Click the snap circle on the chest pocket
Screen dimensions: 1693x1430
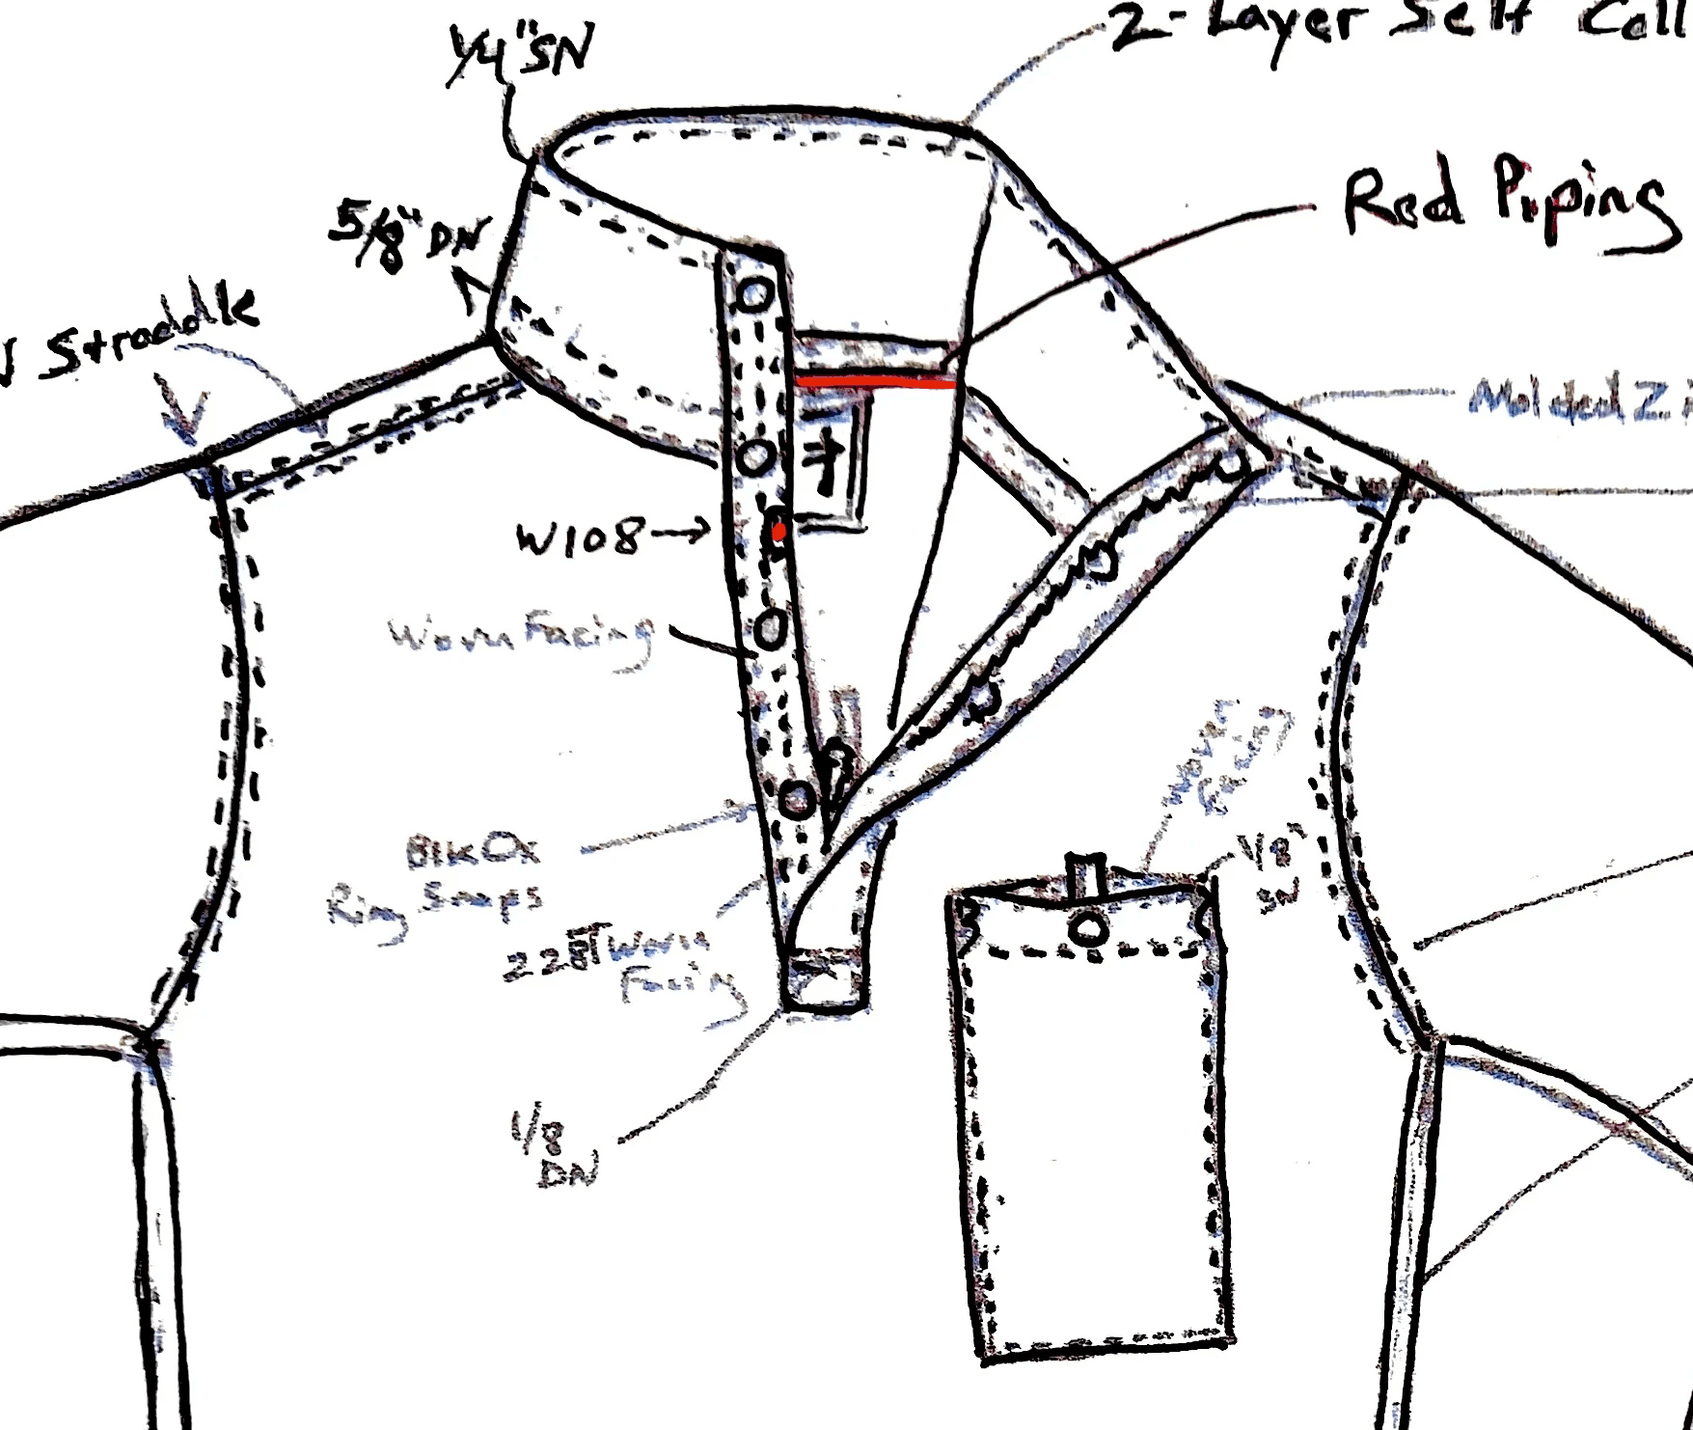(1089, 928)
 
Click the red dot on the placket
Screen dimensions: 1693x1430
(778, 530)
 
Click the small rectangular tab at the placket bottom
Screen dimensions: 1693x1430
(824, 979)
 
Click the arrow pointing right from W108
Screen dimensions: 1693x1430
(681, 532)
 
